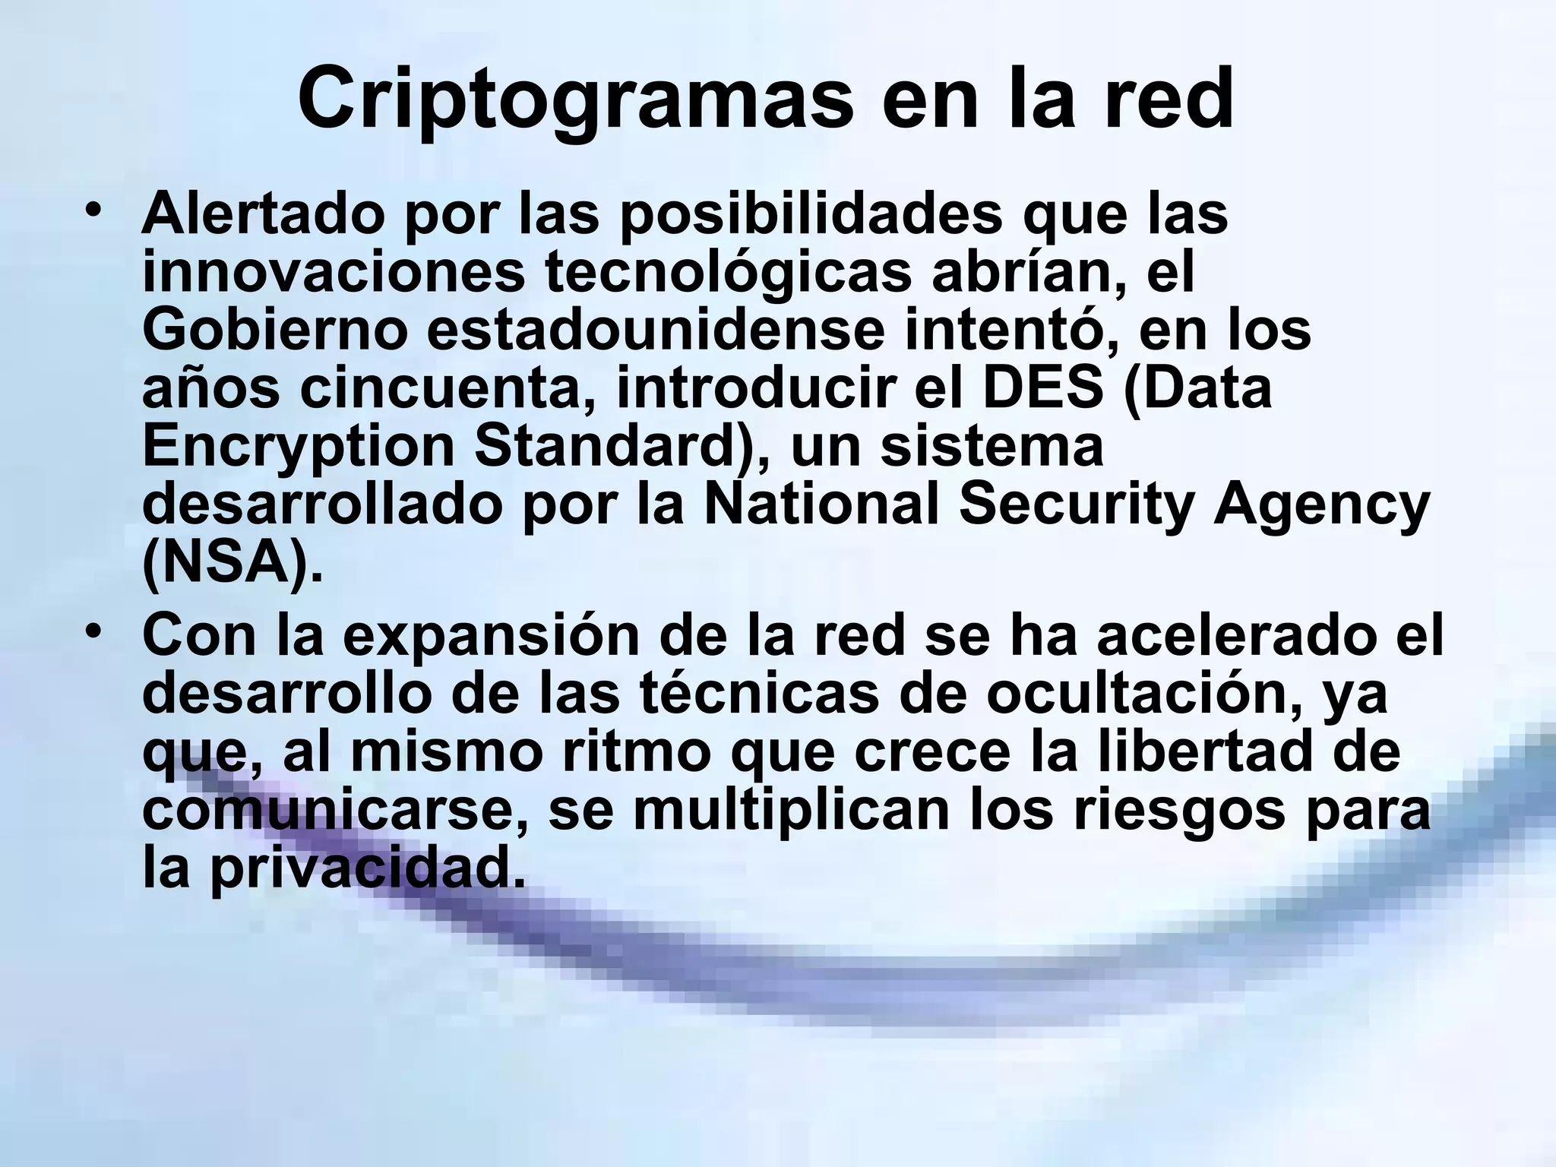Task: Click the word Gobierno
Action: point(275,330)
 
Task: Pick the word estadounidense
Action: point(656,330)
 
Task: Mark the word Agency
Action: point(1322,504)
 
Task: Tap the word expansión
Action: point(492,636)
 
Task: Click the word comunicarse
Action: point(334,811)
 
